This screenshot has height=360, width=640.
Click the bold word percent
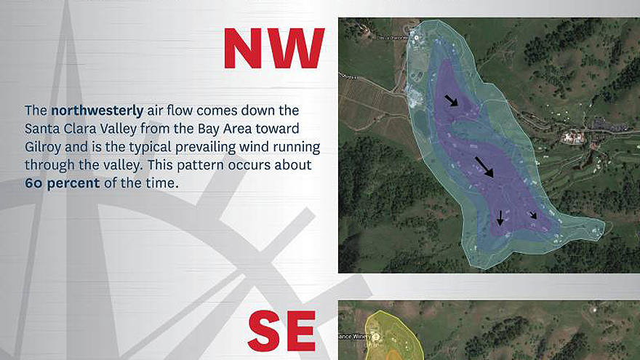coord(73,183)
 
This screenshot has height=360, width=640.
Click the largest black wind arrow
coord(484,167)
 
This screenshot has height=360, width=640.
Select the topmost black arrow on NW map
coord(452,100)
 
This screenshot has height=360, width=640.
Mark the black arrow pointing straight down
coord(500,217)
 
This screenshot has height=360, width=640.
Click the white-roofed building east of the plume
coord(572,137)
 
